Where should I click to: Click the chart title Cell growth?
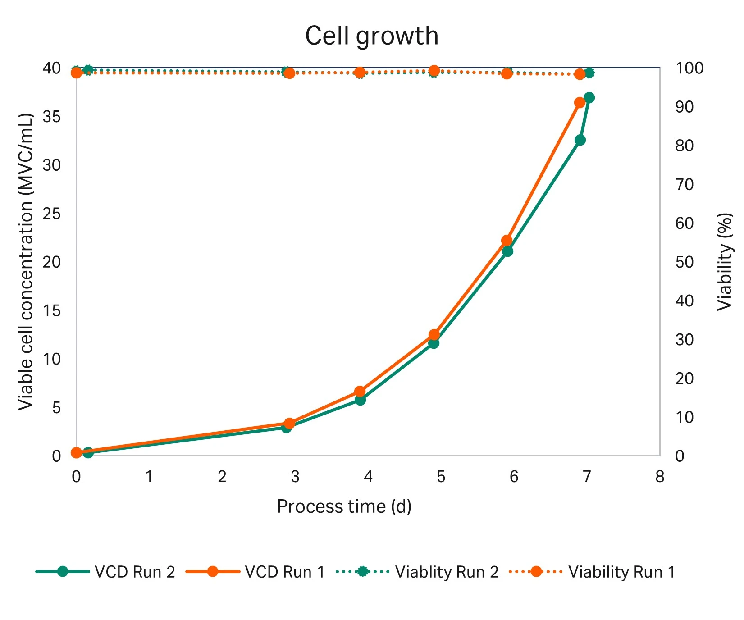point(371,36)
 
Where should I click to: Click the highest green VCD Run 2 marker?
point(589,98)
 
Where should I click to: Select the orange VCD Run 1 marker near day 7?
point(580,103)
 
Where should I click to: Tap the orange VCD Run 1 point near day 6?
point(507,241)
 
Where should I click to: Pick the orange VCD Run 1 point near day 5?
point(434,334)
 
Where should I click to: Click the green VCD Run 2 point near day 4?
point(360,400)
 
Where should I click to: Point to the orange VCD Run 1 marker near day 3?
point(289,423)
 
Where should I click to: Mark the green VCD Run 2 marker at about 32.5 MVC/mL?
point(580,140)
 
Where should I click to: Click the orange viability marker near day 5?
point(434,71)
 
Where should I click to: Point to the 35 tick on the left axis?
point(51,117)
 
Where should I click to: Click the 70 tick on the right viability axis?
point(684,184)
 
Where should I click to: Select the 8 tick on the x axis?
point(660,477)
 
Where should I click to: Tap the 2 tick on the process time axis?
point(222,477)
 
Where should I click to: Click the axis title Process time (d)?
point(344,506)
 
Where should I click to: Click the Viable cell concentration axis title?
point(26,261)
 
